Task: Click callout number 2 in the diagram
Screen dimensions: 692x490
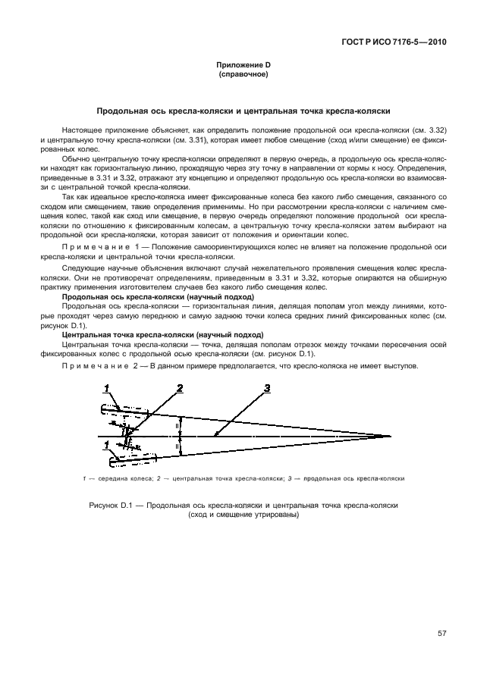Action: click(x=179, y=389)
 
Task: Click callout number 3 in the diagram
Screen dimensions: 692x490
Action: click(x=267, y=389)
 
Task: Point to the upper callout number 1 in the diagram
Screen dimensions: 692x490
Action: click(x=108, y=389)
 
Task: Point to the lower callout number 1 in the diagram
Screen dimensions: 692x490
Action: click(x=107, y=443)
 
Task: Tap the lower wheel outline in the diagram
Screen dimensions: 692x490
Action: click(x=125, y=457)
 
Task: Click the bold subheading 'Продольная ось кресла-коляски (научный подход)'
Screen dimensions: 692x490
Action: click(x=157, y=296)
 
